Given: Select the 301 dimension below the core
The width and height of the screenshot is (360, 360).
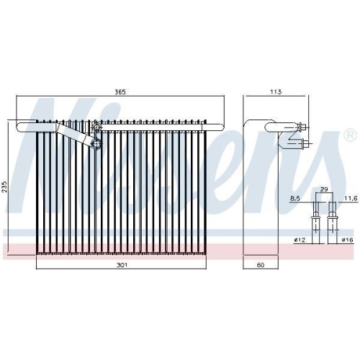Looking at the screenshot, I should click(x=121, y=266).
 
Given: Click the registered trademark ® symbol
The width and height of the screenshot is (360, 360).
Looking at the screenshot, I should click(x=350, y=135).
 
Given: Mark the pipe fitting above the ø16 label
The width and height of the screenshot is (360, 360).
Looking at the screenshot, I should click(x=332, y=215).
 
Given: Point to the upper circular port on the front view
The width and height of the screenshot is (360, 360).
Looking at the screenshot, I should click(x=95, y=129).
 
